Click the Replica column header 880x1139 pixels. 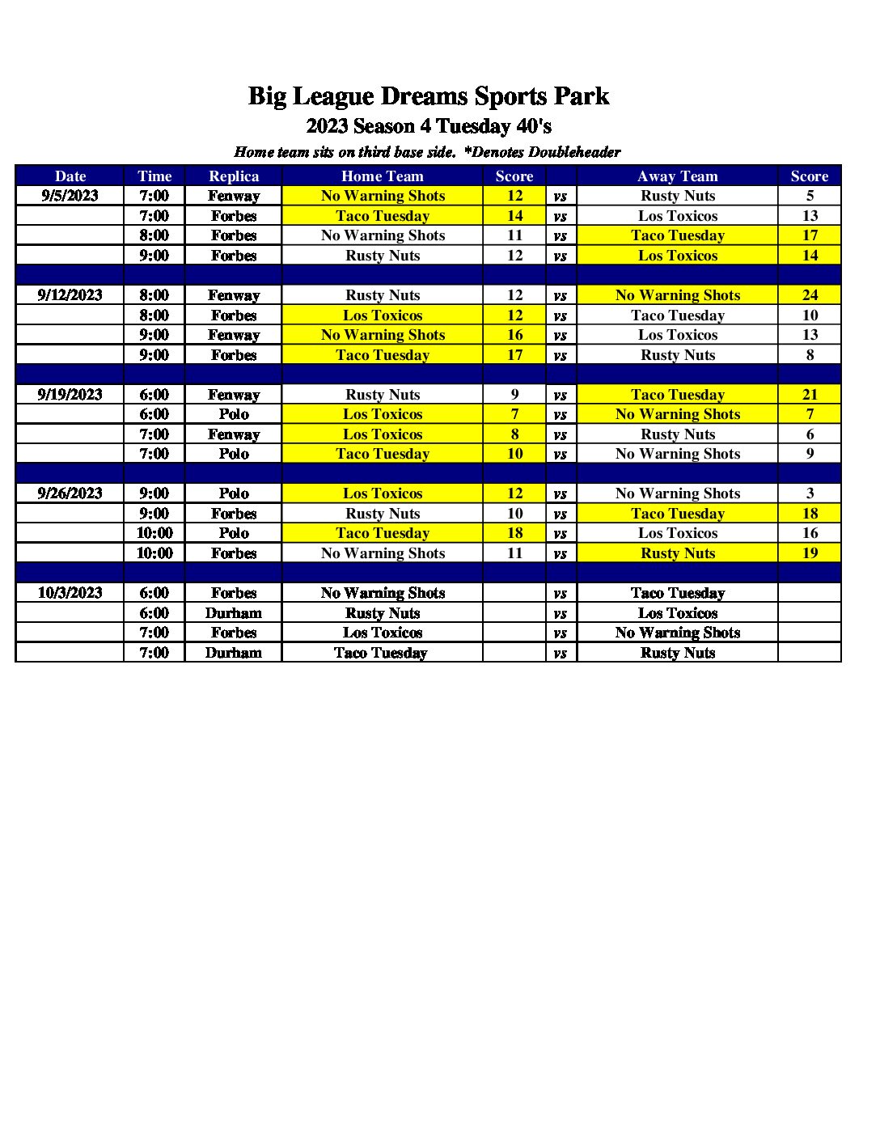[x=234, y=176]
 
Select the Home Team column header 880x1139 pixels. [x=382, y=176]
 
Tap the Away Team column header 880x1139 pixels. [x=677, y=176]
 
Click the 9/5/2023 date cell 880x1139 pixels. [x=70, y=196]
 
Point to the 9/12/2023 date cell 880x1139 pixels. [x=70, y=295]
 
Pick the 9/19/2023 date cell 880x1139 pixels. [x=70, y=395]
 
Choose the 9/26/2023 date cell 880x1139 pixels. [x=70, y=493]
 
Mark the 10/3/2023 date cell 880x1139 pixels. [x=70, y=593]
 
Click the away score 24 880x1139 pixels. [x=810, y=295]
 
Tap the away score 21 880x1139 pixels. [x=810, y=395]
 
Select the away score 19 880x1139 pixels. [x=810, y=553]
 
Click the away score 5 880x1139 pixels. [x=810, y=196]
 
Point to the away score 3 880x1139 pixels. [x=810, y=493]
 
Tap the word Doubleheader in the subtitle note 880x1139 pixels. [x=574, y=152]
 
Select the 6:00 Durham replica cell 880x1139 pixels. [x=234, y=613]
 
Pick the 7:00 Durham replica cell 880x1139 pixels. [x=234, y=653]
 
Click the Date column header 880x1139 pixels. [x=70, y=176]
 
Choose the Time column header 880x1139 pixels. [x=154, y=176]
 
